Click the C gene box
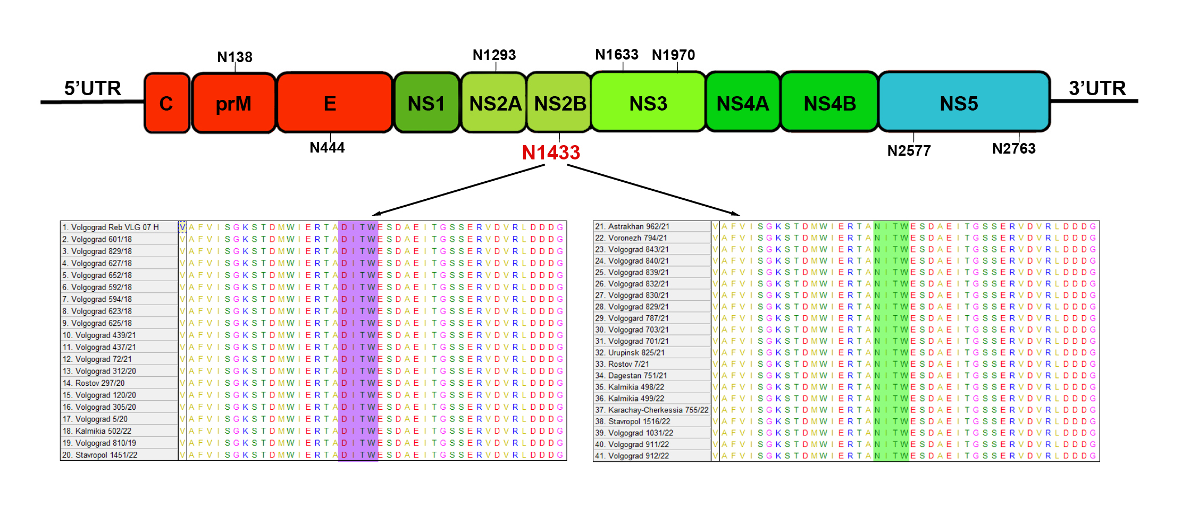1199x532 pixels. (x=166, y=103)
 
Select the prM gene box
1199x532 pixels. (x=233, y=103)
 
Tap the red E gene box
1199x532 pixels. (x=334, y=103)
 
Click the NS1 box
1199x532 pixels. (x=426, y=103)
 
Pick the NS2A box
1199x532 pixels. (x=494, y=103)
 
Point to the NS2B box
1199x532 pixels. (x=559, y=103)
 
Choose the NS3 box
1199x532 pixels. (x=648, y=103)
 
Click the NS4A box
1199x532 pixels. (x=743, y=103)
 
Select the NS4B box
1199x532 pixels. (x=829, y=103)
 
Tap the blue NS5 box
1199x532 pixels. (x=963, y=103)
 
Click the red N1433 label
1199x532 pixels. (x=551, y=153)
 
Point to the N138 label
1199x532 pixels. (x=234, y=57)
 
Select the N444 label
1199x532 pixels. (x=327, y=147)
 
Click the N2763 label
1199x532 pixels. (x=1013, y=148)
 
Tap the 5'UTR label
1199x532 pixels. (x=93, y=88)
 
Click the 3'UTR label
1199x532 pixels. (x=1097, y=88)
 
